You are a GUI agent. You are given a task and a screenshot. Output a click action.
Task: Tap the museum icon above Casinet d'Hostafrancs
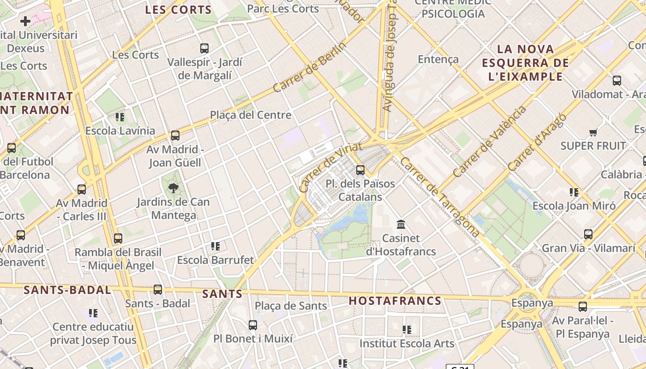click(401, 225)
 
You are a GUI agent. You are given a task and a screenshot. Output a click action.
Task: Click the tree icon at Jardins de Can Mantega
click(173, 188)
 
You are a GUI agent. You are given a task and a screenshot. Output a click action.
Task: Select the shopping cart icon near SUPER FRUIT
click(593, 133)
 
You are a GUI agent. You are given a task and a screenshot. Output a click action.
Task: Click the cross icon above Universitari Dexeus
click(25, 21)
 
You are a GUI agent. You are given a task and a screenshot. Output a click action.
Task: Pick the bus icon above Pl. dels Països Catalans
click(360, 170)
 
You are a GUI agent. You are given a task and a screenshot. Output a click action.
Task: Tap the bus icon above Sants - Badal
click(158, 290)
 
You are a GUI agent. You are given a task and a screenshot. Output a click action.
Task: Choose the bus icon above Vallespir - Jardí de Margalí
click(204, 48)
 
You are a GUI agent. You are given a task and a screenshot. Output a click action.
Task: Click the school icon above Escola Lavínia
click(120, 117)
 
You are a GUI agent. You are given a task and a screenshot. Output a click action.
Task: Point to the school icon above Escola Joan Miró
click(574, 192)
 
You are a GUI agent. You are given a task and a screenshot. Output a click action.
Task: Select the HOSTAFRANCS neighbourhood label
click(395, 301)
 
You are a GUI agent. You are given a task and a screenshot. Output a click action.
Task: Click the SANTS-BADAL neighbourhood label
click(67, 290)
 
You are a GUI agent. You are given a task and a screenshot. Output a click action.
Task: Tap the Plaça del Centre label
click(251, 115)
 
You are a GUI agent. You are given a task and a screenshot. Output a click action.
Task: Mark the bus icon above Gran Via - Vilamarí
click(588, 234)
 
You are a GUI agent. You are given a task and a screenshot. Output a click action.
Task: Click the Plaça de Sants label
click(291, 306)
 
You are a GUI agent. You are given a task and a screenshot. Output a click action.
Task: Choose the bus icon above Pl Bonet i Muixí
click(253, 325)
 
